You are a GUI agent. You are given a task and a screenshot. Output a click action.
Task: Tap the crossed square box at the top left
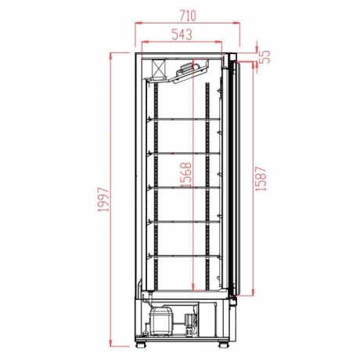158,68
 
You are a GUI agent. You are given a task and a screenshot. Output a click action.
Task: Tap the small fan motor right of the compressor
188,321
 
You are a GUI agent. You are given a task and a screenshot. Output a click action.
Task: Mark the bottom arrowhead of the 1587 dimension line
254,296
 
